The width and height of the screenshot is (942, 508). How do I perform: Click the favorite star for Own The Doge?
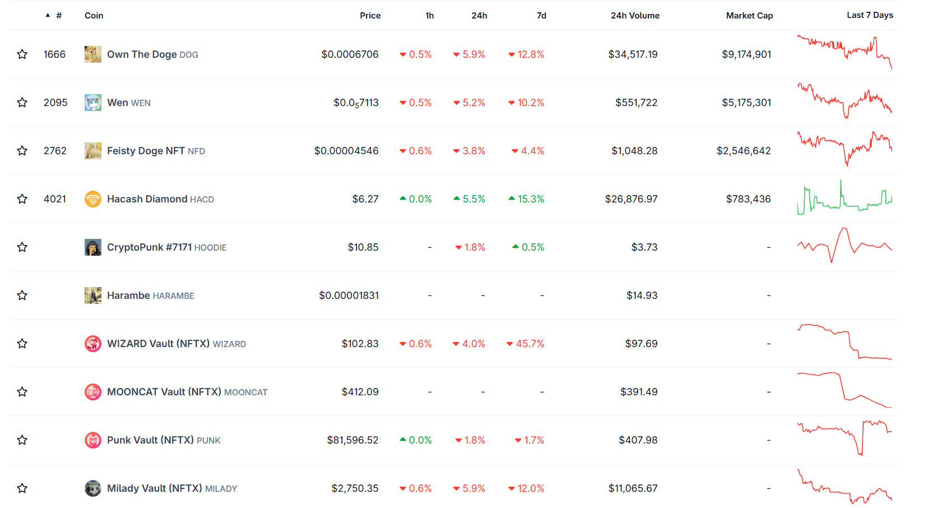(22, 54)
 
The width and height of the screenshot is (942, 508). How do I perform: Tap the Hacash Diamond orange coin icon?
(93, 199)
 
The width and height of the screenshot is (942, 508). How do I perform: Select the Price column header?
(370, 16)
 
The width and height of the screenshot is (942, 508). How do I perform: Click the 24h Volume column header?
(635, 16)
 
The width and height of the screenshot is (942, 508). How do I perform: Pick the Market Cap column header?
(749, 16)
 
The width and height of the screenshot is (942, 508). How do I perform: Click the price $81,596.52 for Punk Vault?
(353, 440)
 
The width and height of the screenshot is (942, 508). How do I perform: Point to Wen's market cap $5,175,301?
(746, 103)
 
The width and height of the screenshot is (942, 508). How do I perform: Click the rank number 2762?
(55, 151)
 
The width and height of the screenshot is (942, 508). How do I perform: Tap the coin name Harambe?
(128, 295)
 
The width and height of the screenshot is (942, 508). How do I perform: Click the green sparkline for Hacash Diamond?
(844, 197)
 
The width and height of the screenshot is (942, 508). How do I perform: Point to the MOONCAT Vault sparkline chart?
(844, 390)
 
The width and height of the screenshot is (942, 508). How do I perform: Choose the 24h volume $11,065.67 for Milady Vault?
(633, 488)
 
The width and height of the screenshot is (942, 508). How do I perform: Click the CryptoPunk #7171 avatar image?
(93, 247)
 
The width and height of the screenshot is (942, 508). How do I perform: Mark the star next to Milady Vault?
(22, 488)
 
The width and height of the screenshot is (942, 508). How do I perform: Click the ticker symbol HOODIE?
(210, 247)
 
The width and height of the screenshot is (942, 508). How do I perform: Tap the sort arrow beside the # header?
(48, 15)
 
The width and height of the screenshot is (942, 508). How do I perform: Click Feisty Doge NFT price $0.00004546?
(346, 151)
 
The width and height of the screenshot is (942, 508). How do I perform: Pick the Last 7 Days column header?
(870, 15)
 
